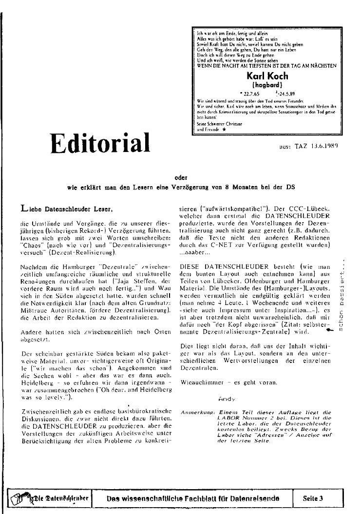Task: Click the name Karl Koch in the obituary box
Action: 267,76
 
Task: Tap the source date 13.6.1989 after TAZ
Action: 322,145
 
